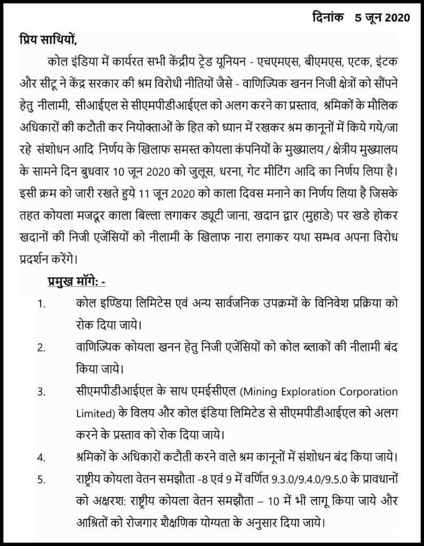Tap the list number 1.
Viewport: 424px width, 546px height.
(x=41, y=304)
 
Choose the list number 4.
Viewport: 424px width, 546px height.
(x=41, y=457)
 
